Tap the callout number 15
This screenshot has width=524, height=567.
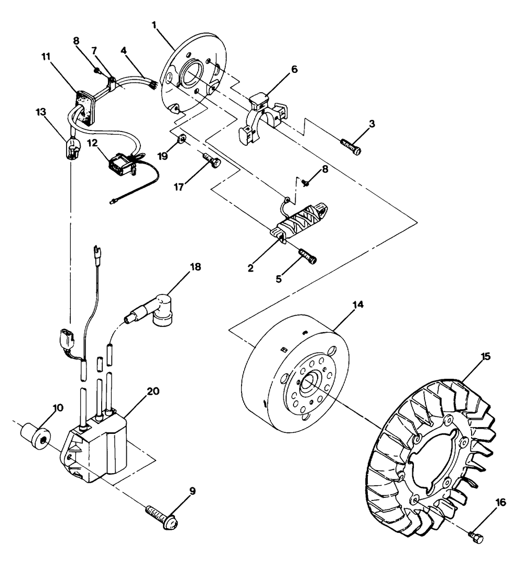[x=486, y=356]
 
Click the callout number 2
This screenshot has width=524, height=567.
[x=250, y=267]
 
